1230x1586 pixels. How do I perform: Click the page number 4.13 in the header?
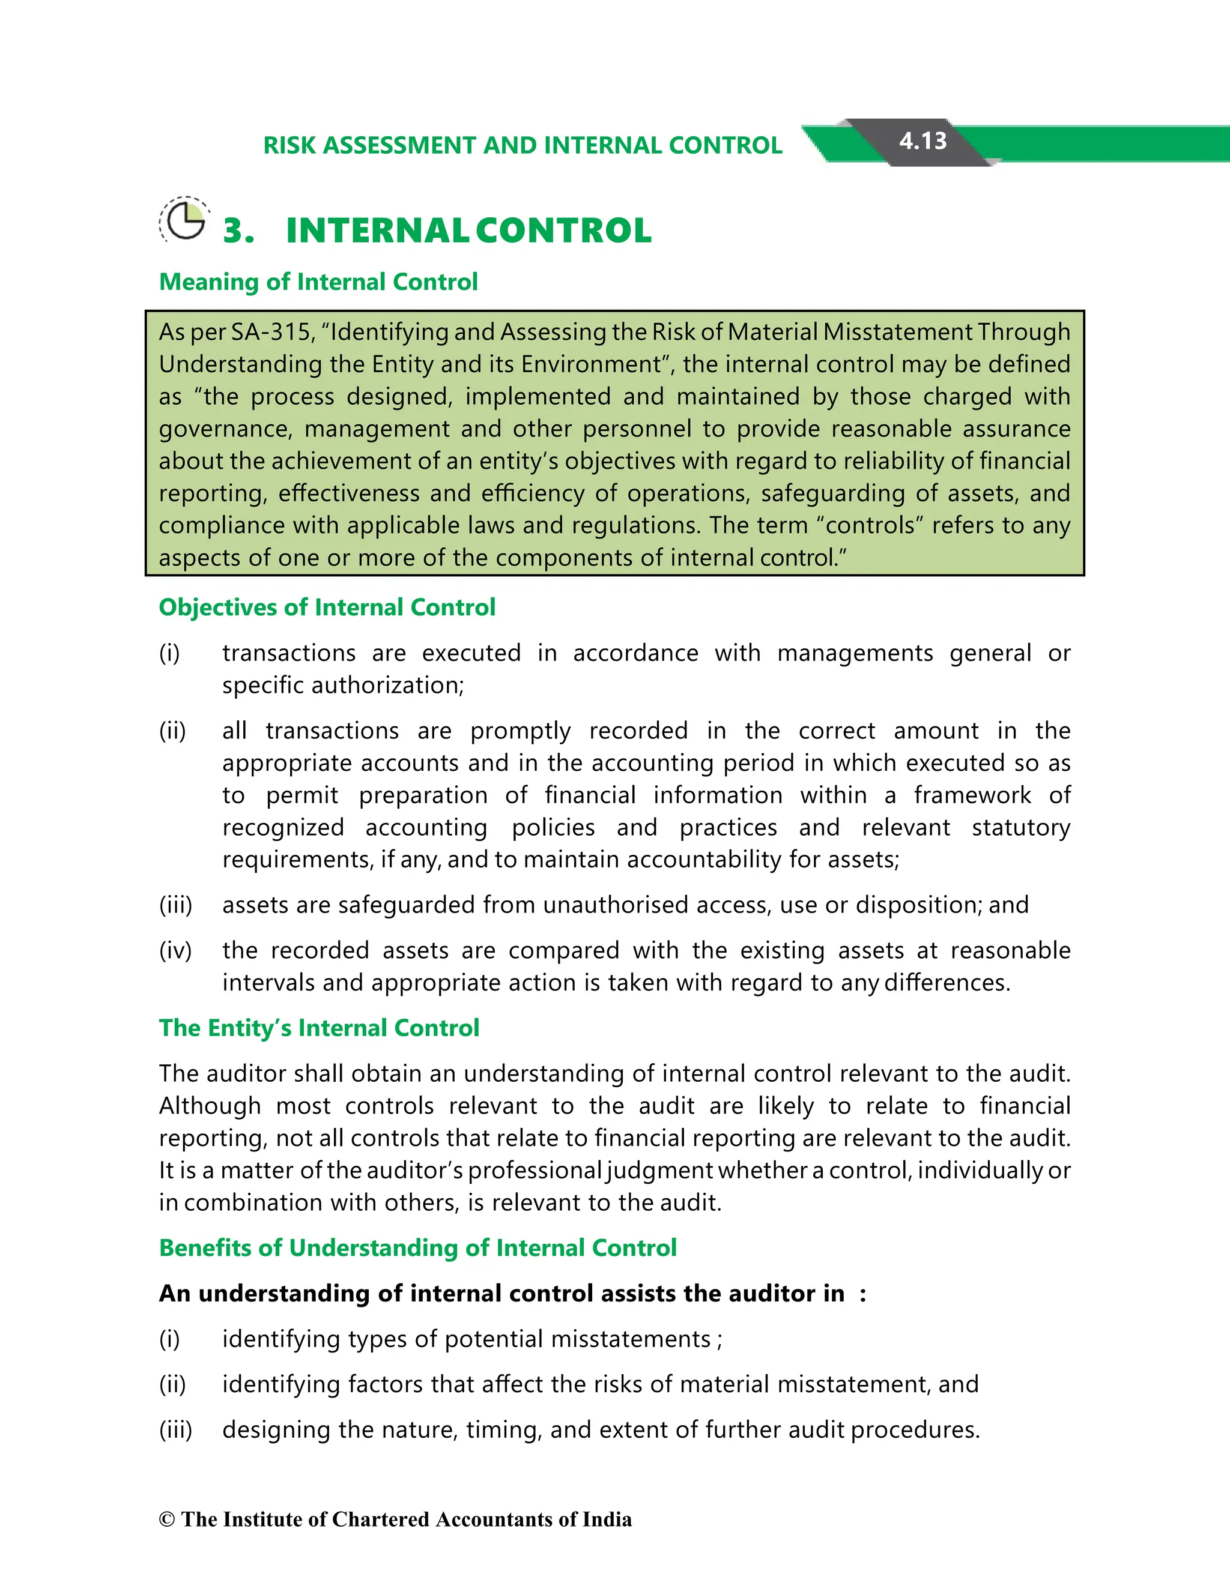coord(922,141)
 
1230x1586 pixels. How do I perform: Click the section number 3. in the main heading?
coord(238,231)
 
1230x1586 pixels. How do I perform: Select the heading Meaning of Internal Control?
coord(318,282)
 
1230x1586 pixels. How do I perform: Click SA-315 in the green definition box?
coord(271,332)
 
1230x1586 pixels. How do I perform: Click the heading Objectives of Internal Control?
coord(327,607)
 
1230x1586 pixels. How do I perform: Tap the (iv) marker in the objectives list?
coord(175,951)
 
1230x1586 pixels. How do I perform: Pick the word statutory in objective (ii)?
coord(1021,828)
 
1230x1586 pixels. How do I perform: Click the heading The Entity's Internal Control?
coord(319,1028)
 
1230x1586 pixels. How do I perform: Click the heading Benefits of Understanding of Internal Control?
coord(418,1247)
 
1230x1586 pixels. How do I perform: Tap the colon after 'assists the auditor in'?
coord(862,1295)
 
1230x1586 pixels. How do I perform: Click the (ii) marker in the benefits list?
coord(172,1385)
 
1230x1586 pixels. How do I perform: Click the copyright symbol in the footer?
coord(167,1520)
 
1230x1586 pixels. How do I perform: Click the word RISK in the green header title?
coord(290,145)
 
